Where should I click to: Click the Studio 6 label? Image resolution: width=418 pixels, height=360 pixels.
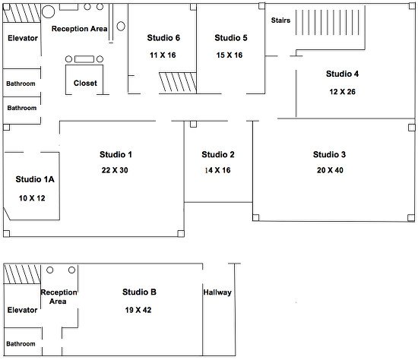[163, 37]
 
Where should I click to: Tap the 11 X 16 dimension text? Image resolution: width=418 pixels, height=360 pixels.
[163, 55]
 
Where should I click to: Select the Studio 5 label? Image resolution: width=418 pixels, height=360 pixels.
[231, 37]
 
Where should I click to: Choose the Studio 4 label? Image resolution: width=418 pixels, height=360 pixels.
[342, 74]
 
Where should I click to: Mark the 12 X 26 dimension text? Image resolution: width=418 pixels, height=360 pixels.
[342, 91]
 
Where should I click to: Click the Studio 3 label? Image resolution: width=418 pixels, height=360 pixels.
[329, 154]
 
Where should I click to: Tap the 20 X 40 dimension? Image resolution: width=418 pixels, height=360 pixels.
[329, 170]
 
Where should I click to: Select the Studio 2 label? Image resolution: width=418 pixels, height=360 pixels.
[218, 154]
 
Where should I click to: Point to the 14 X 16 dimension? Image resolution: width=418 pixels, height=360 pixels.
[218, 170]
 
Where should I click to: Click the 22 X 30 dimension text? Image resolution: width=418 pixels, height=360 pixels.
[113, 170]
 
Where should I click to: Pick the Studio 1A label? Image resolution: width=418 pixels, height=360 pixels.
[35, 180]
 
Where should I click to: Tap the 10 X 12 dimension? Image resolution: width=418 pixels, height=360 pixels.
[33, 197]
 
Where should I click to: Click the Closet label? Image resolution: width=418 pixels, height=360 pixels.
[85, 83]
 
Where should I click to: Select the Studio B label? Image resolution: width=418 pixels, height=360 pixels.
[139, 292]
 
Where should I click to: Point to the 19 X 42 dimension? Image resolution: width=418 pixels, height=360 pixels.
[139, 310]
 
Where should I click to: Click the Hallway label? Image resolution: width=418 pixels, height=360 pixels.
[217, 292]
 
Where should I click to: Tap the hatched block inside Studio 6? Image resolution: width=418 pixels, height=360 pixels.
[177, 81]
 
